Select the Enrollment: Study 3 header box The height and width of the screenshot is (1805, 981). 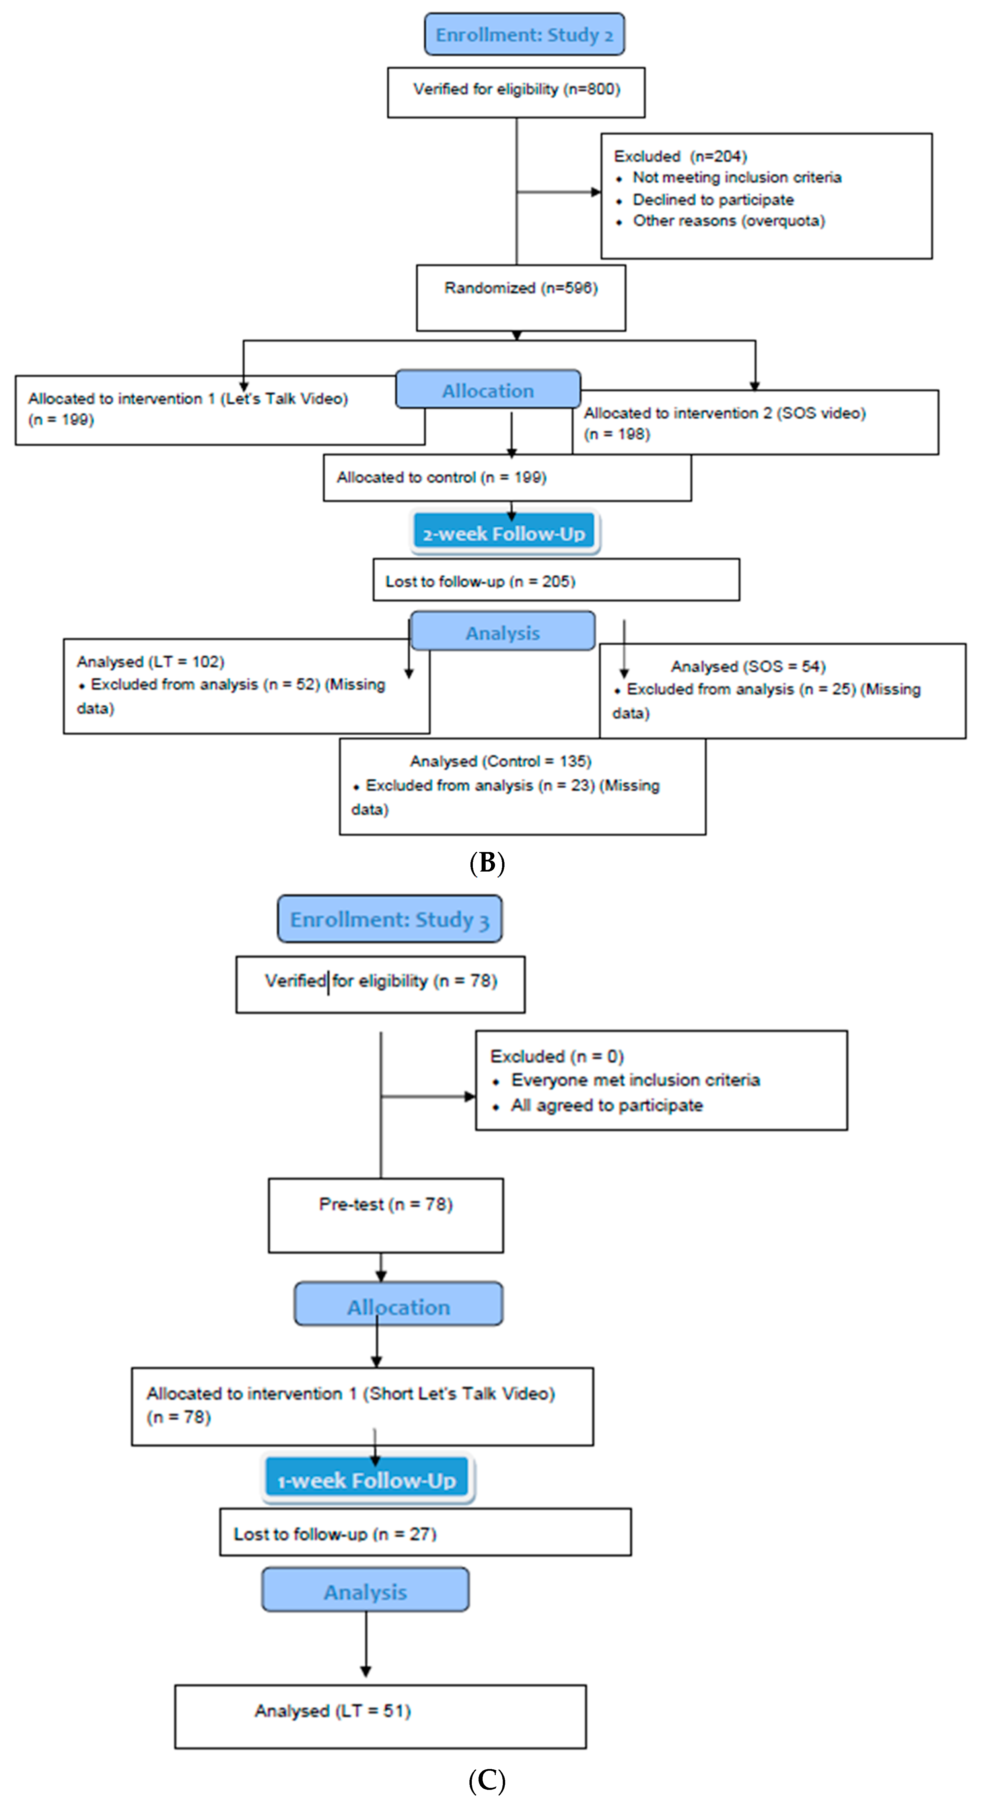(390, 919)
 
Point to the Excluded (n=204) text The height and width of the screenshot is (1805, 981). (680, 156)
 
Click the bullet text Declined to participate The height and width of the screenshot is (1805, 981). (713, 200)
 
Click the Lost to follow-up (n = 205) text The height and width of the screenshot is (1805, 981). (480, 581)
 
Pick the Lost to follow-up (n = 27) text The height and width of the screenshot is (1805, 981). (335, 1534)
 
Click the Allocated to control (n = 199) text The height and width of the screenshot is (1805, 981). (442, 477)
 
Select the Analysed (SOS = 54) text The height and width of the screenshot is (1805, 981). (748, 666)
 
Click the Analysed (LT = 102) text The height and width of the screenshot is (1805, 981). (151, 662)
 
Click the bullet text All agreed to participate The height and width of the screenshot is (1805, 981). (607, 1105)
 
